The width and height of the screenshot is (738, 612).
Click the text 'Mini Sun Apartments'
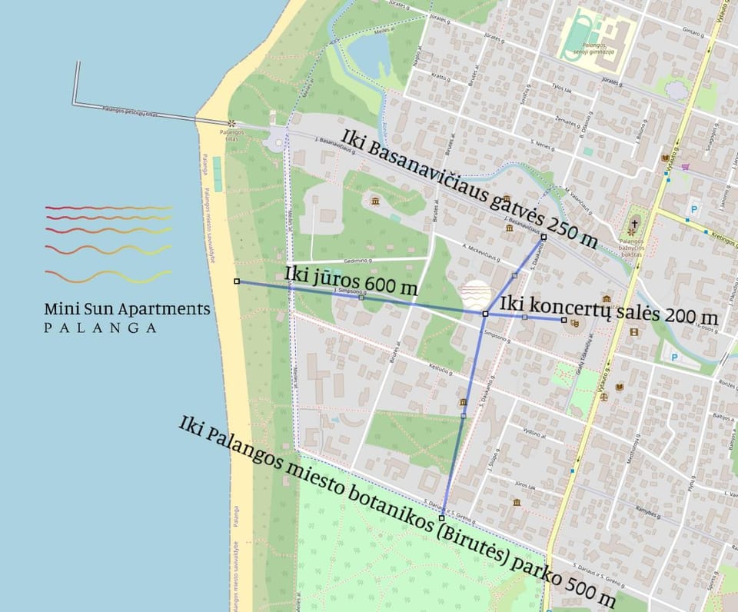(127, 309)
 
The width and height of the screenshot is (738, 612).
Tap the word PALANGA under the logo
(101, 328)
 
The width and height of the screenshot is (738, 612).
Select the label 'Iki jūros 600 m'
(351, 281)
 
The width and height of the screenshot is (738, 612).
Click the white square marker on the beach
(237, 282)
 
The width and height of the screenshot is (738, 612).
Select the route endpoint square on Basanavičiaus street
(544, 237)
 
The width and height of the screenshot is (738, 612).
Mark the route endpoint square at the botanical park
(442, 518)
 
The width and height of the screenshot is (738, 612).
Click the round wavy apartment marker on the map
(476, 294)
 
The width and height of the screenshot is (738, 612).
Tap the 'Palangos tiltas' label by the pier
(230, 134)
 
